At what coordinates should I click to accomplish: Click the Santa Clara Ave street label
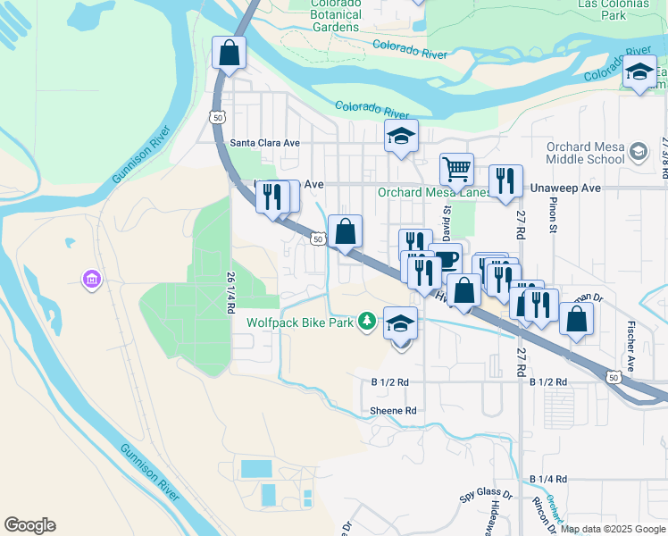(264, 142)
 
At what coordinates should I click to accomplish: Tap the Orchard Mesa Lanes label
(433, 192)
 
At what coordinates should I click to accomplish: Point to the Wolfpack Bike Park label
(302, 322)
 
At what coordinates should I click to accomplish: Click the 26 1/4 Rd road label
(230, 292)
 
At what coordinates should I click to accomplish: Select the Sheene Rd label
(393, 411)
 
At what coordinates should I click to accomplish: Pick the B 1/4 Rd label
(547, 480)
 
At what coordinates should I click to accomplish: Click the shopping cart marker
(456, 168)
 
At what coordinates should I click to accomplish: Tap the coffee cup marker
(446, 259)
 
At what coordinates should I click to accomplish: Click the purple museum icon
(91, 281)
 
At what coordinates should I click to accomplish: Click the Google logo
(29, 525)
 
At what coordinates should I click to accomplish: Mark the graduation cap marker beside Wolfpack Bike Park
(401, 324)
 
